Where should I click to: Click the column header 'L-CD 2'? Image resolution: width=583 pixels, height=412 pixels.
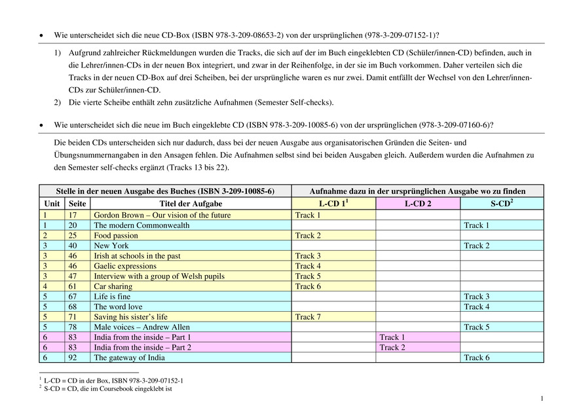[417, 204]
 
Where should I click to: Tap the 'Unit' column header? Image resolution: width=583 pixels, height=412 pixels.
[52, 204]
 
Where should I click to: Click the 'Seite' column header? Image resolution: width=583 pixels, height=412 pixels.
[77, 204]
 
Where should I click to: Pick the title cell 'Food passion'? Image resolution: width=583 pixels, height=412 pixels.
[116, 235]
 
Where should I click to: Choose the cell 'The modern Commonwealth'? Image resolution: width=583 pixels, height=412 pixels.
[141, 225]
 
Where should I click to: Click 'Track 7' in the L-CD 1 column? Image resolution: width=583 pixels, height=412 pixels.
[308, 317]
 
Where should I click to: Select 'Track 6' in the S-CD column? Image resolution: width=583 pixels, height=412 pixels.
[477, 358]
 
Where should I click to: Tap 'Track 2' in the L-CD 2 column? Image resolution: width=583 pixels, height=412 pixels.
[392, 347]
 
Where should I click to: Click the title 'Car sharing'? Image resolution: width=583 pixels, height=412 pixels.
[113, 286]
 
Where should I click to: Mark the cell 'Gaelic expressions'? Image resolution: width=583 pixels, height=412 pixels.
[126, 266]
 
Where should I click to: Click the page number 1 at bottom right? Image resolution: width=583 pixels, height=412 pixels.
[542, 398]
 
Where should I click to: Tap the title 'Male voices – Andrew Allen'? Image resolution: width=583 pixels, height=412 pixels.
[141, 327]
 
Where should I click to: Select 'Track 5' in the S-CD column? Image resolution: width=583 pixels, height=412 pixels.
[477, 327]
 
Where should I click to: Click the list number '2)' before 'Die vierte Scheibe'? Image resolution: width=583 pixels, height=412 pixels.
[58, 102]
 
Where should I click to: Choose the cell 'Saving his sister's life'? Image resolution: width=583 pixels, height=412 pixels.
[130, 317]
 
